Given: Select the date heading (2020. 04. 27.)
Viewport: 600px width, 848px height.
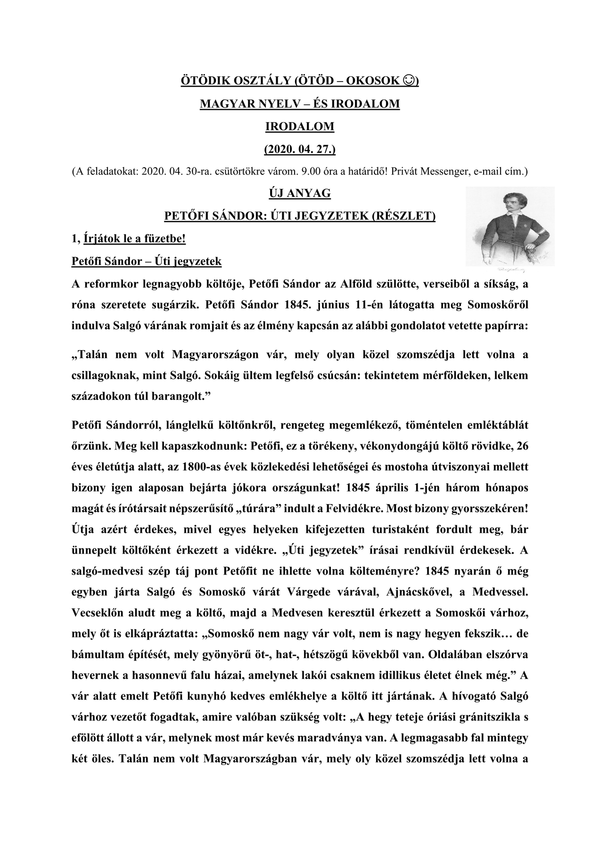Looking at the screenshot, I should point(300,149).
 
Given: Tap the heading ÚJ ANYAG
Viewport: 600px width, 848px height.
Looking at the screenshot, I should point(300,193).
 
